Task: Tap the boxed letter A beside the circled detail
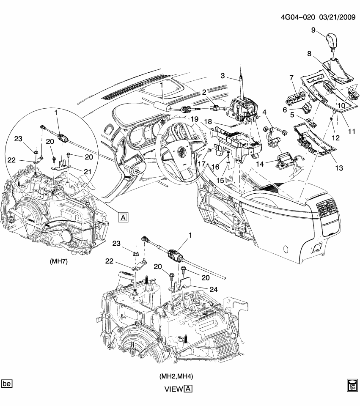click(123, 217)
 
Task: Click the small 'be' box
click(7, 384)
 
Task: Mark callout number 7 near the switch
click(291, 77)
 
